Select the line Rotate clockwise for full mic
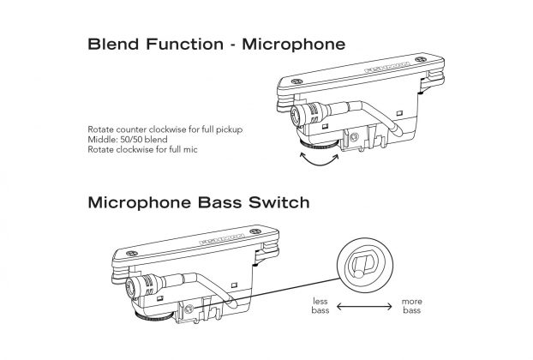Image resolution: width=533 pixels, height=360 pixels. (135, 147)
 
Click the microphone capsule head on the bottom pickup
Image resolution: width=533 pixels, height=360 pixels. (135, 285)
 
